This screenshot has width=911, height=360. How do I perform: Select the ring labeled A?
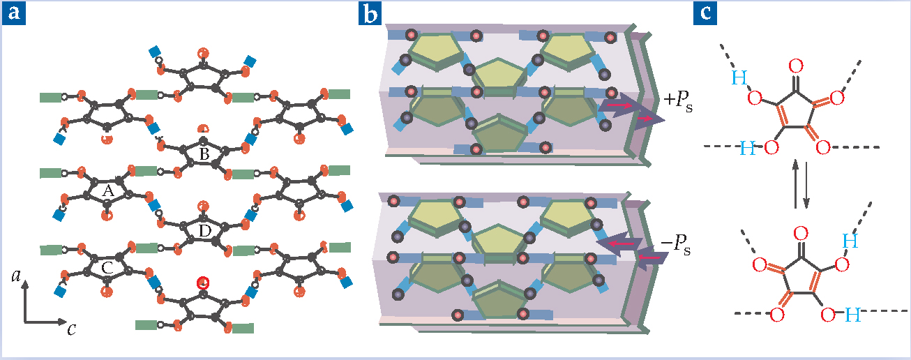pos(107,190)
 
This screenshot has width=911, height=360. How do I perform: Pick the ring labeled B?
pos(204,155)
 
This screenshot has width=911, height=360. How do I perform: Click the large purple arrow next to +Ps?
pos(631,112)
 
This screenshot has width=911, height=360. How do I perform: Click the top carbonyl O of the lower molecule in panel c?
pos(801,233)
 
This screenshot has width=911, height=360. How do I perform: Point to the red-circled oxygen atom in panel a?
pos(202,283)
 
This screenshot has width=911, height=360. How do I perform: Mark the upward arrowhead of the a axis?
pos(25,283)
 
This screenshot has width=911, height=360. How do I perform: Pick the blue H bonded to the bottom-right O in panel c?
pos(852,316)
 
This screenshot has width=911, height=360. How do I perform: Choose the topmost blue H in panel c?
pos(738,80)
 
